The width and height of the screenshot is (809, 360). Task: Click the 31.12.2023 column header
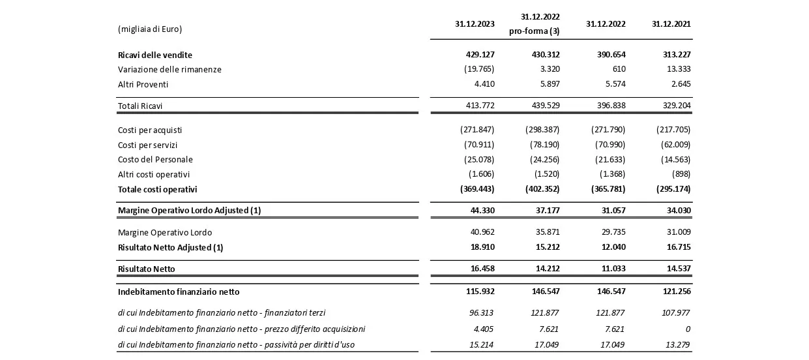pyautogui.click(x=475, y=24)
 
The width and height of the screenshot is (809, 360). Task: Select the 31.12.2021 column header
pyautogui.click(x=671, y=24)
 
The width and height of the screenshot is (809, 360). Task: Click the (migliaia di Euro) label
pyautogui.click(x=150, y=29)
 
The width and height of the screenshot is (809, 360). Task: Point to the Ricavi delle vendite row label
pyautogui.click(x=155, y=55)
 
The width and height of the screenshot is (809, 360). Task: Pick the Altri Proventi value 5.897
pyautogui.click(x=546, y=84)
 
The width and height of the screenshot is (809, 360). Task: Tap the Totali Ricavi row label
pyautogui.click(x=140, y=106)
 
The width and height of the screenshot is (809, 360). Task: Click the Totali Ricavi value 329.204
pyautogui.click(x=676, y=106)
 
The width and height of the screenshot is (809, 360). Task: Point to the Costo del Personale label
pyautogui.click(x=155, y=160)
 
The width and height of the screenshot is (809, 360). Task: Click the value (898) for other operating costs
pyautogui.click(x=680, y=174)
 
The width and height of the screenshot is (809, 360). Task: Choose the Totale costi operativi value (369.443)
pyautogui.click(x=477, y=189)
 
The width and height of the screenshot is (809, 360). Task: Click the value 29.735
pyautogui.click(x=611, y=232)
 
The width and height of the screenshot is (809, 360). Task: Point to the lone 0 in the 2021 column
pyautogui.click(x=687, y=329)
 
